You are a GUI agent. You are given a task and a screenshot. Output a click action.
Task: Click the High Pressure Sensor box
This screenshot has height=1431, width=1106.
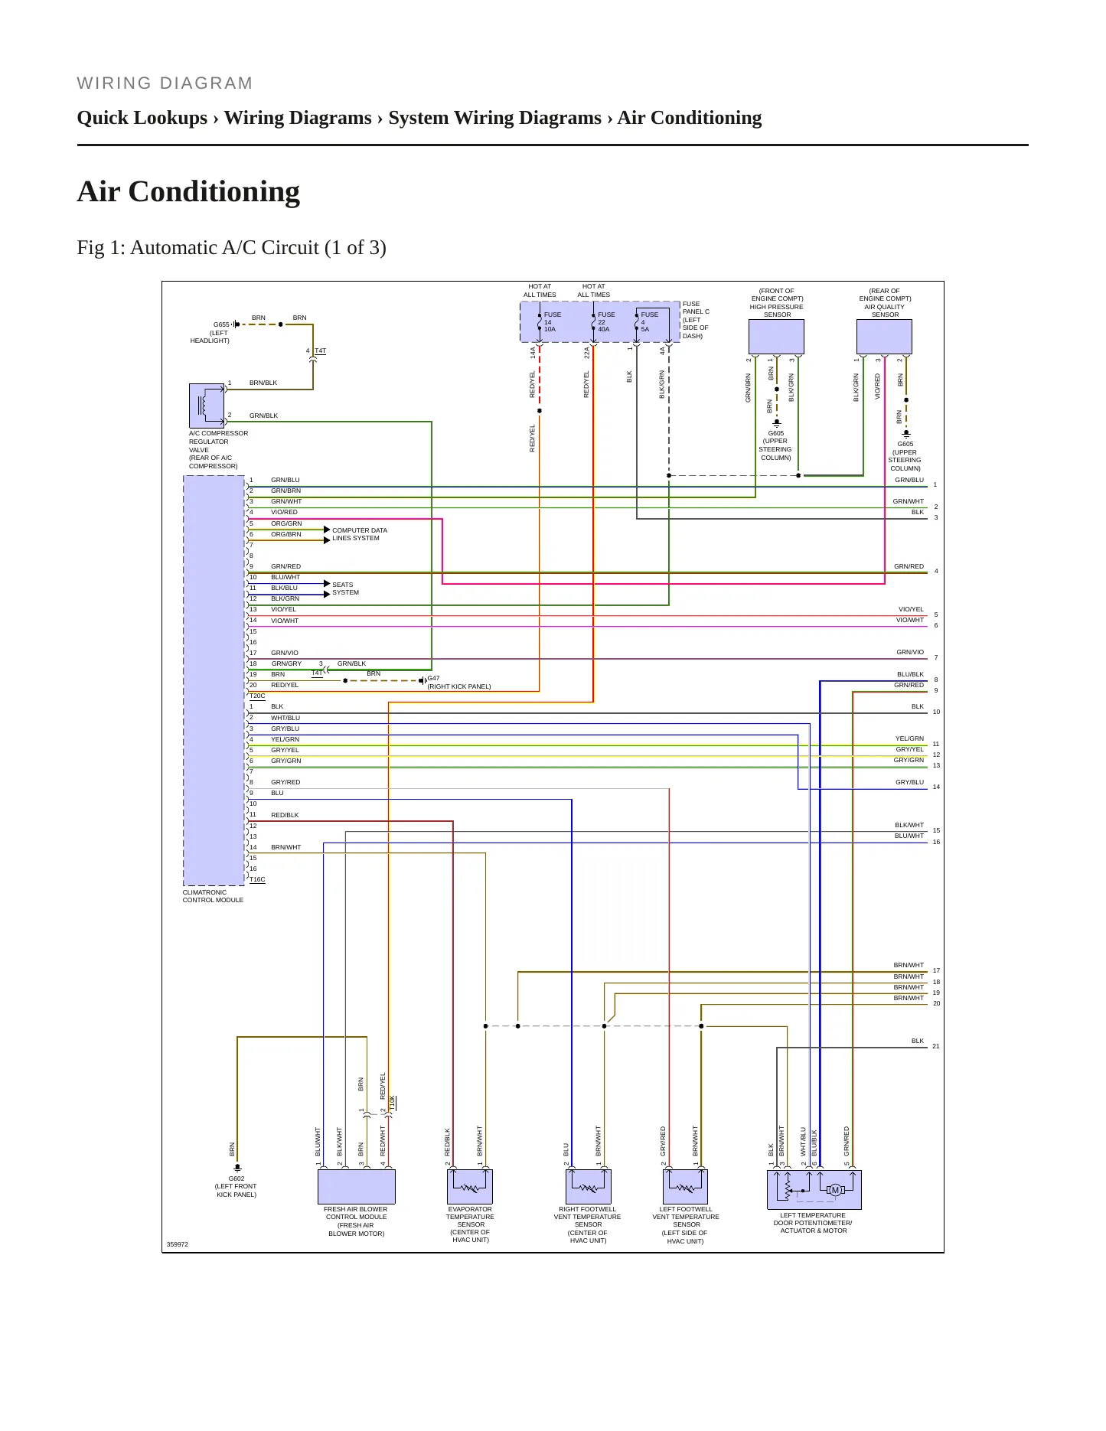coord(776,337)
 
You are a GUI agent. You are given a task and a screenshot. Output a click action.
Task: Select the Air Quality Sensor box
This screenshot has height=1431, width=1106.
coord(884,337)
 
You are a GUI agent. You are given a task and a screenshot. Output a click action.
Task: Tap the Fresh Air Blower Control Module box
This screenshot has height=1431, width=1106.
coord(357,1186)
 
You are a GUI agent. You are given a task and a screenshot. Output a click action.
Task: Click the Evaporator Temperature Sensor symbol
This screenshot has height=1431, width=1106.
coord(469,1186)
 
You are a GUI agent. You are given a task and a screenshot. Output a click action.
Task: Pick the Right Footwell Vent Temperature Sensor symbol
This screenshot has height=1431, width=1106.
coord(588,1186)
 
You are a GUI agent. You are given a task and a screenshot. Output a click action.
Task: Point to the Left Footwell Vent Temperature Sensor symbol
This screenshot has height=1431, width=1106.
coord(685,1186)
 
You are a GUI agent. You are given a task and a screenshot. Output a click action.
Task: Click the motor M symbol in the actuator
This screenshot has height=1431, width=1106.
coord(835,1190)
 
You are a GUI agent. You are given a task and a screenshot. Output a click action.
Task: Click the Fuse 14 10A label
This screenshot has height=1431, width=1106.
coord(552,321)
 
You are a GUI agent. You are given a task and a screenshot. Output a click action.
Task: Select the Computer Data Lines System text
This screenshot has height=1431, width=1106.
coord(360,534)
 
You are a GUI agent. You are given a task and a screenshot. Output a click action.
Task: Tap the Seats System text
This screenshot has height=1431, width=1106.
coord(345,588)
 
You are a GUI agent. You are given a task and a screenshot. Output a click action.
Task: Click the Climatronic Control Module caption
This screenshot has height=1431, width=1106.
coord(213,896)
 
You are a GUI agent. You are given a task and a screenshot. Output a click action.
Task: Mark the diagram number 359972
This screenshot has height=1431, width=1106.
coord(178,1244)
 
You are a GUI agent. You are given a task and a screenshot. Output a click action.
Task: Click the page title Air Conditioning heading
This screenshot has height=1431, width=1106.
coord(188,191)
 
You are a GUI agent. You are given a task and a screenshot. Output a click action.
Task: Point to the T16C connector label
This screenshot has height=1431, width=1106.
coord(257,879)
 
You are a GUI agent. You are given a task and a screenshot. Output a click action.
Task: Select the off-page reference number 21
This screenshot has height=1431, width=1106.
coord(935,1046)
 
